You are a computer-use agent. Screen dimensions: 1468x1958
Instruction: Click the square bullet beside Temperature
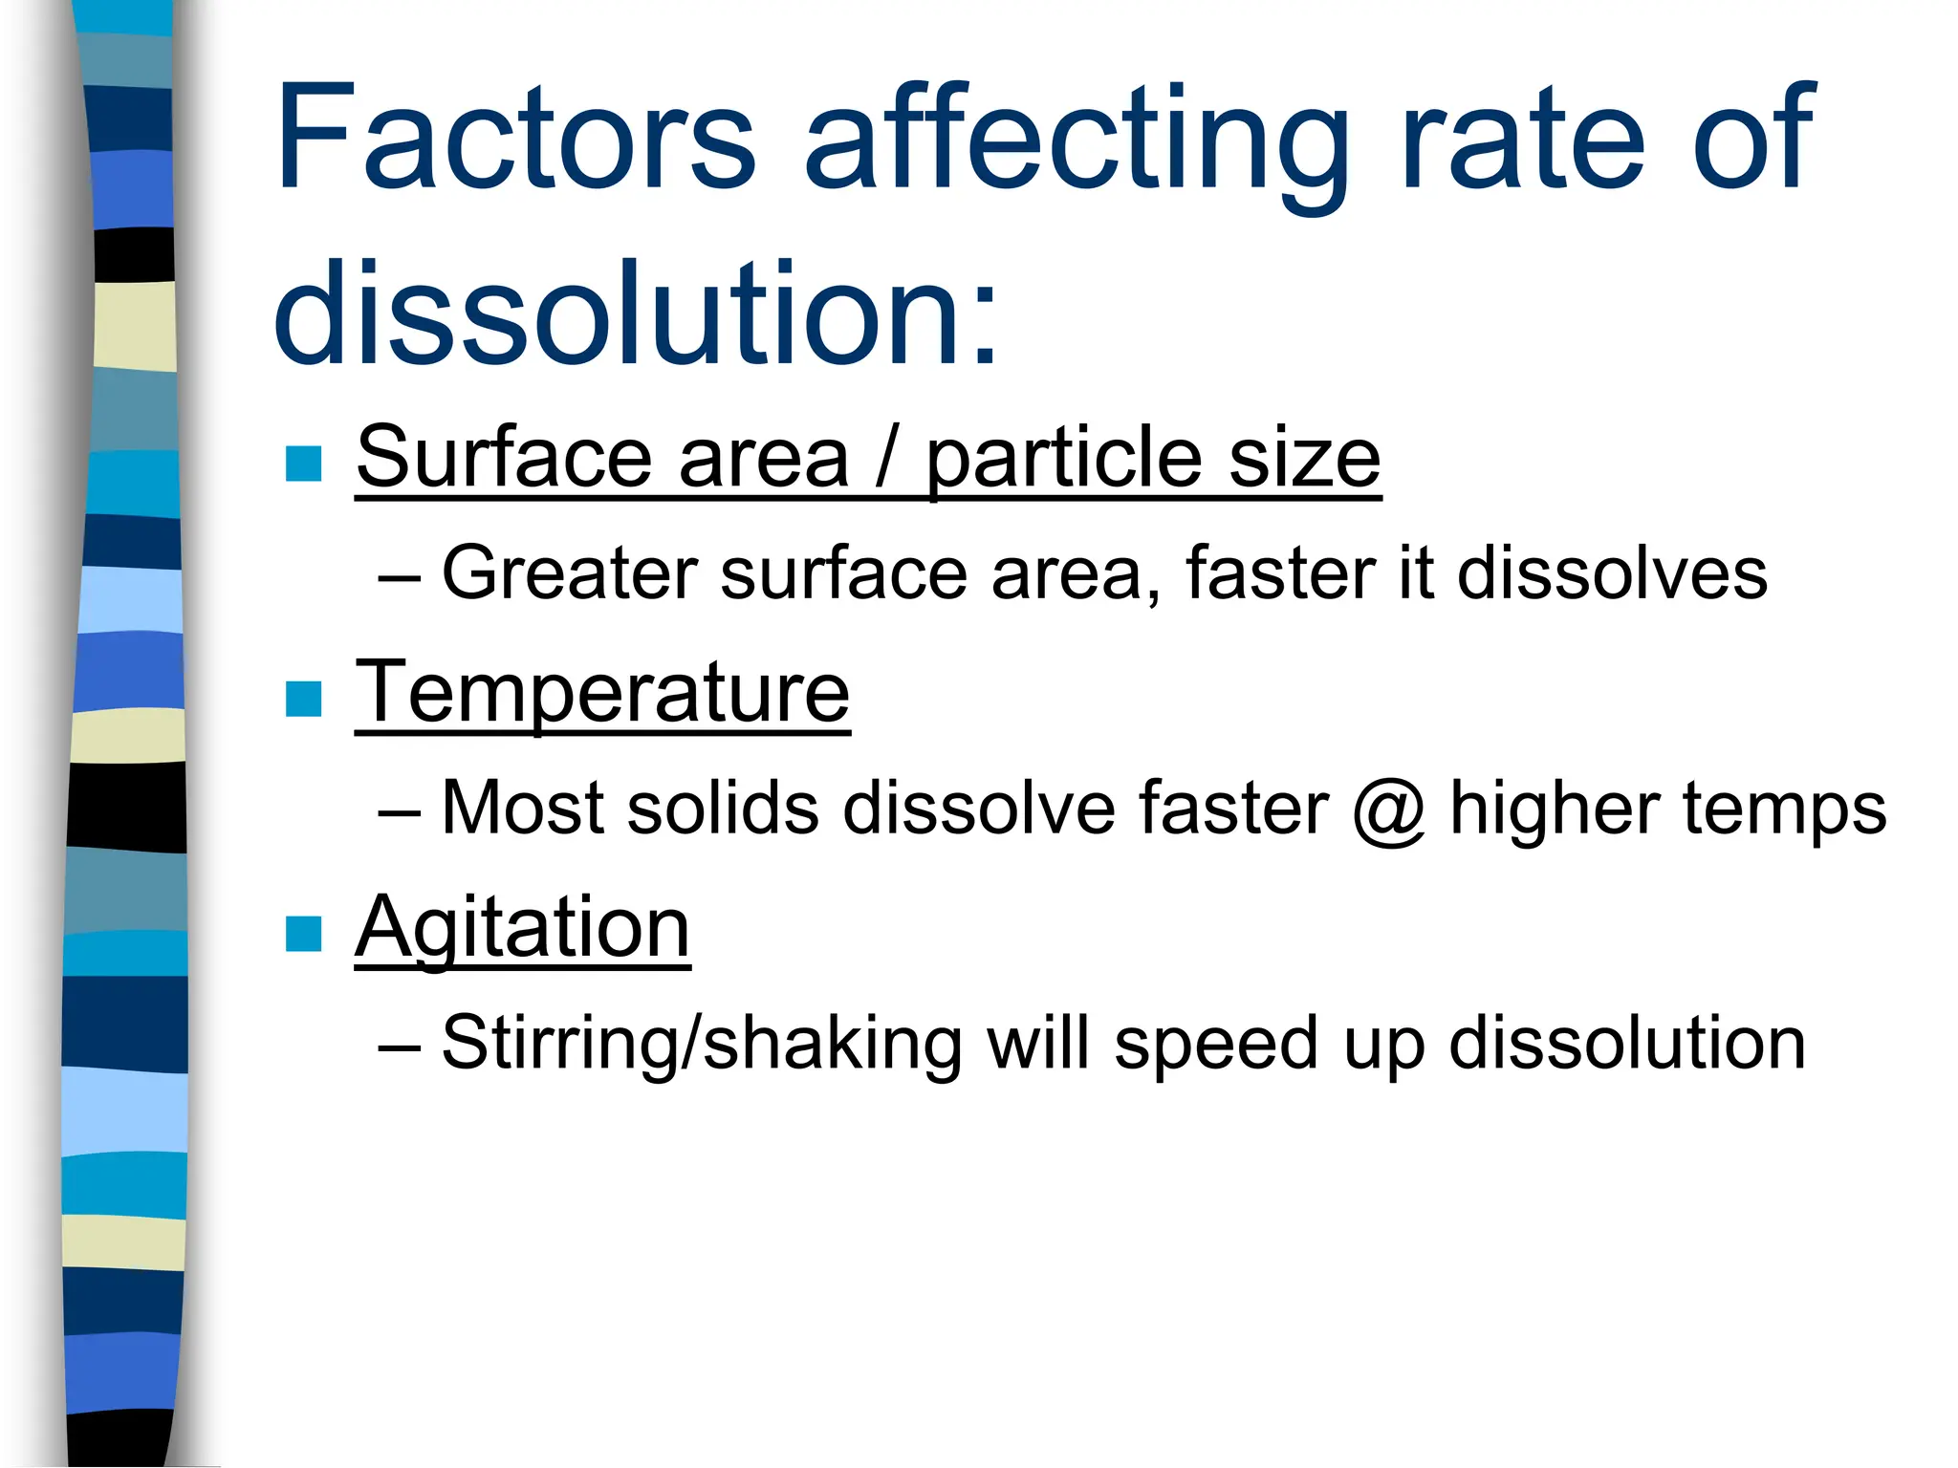(x=304, y=699)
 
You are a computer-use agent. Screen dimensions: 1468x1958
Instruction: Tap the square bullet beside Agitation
(x=304, y=934)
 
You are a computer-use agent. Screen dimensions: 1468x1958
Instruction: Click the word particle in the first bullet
(x=1064, y=461)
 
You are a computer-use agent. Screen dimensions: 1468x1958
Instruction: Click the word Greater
(x=569, y=573)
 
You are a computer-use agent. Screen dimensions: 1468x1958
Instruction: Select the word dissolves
(x=1612, y=573)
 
